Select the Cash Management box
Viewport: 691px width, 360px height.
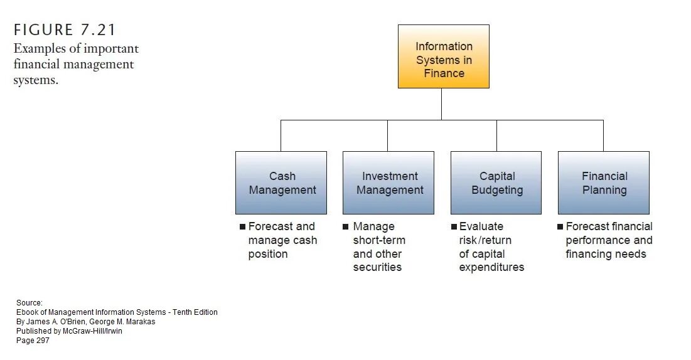281,183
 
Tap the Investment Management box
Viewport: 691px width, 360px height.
388,183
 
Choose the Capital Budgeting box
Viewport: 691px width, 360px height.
496,183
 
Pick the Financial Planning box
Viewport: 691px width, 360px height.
603,183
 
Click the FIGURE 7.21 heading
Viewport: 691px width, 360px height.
65,30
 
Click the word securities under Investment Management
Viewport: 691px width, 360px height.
377,268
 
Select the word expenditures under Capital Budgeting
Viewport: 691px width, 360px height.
491,268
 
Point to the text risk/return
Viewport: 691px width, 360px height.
485,240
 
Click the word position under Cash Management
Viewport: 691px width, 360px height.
268,254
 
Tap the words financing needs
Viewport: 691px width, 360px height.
606,254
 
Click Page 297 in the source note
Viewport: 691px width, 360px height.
33,341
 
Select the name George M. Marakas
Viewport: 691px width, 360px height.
127,322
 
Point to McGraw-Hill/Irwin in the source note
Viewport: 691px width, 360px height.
93,331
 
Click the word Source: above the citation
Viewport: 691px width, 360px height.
29,303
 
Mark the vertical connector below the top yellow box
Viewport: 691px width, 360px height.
441,103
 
